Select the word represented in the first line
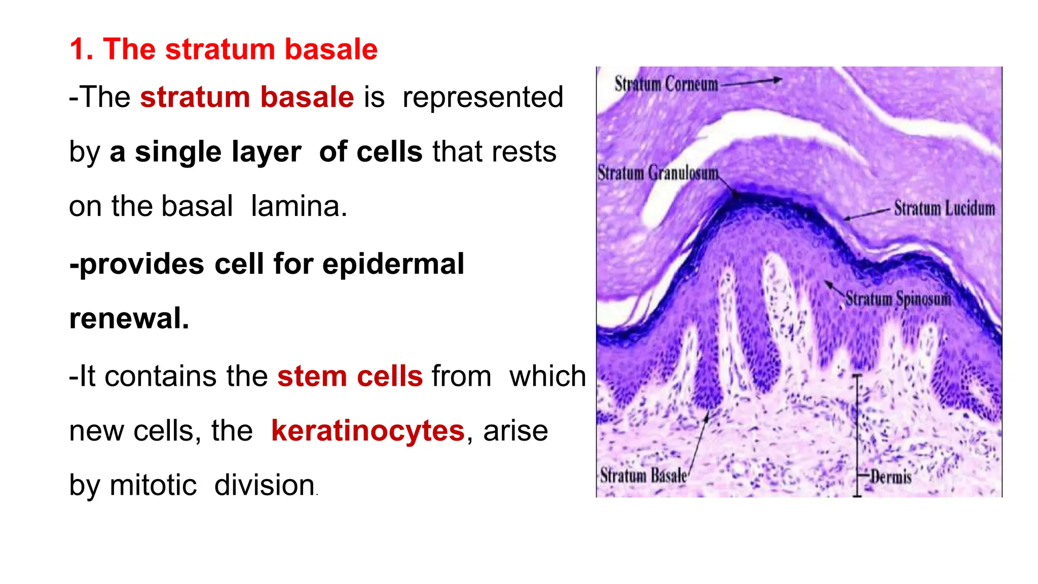pos(483,97)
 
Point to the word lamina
pos(299,206)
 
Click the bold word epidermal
pos(393,264)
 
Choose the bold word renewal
pos(129,318)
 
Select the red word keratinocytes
pos(367,431)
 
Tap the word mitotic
pos(153,485)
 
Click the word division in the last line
pos(265,485)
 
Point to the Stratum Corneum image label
pos(666,84)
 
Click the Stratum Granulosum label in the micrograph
pos(657,173)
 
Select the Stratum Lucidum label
pos(944,208)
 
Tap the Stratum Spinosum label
pos(898,299)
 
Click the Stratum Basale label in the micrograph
pos(643,476)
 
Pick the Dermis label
pos(891,477)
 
